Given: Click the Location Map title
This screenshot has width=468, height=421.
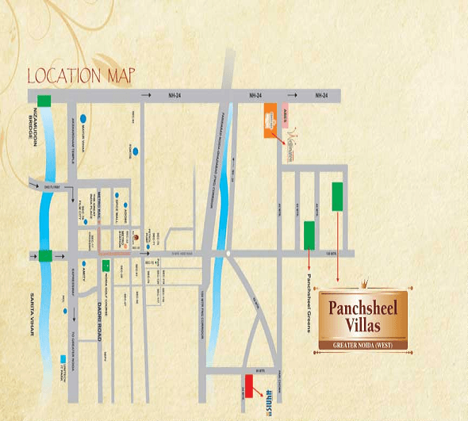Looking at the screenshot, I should pos(82,76).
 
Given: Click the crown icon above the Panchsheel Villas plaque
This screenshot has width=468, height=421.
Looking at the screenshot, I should pos(366,283).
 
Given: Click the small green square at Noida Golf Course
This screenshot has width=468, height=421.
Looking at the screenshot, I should pos(106,265).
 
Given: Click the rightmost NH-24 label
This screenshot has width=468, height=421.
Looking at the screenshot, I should pos(320,95).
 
